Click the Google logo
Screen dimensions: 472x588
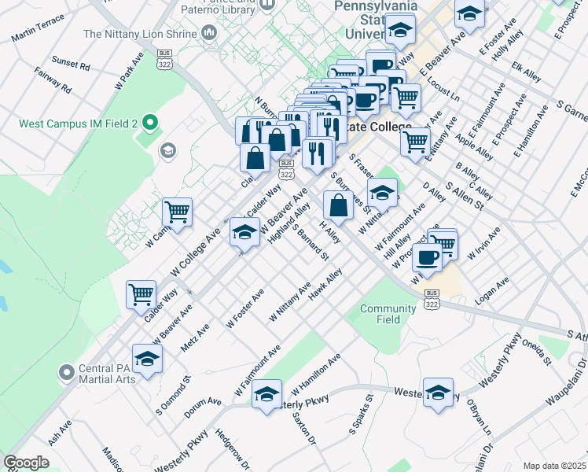26,463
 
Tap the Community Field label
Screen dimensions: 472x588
388,314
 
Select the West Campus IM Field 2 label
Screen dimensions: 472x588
79,124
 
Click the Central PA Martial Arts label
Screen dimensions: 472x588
106,374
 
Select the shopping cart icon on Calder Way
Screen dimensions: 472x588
141,294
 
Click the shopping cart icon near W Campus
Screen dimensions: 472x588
178,211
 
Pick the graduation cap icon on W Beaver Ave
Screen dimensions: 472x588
244,232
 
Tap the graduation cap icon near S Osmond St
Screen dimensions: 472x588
146,358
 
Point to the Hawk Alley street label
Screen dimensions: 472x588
325,286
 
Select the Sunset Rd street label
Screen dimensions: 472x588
71,62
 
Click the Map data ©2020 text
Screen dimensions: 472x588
554,466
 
